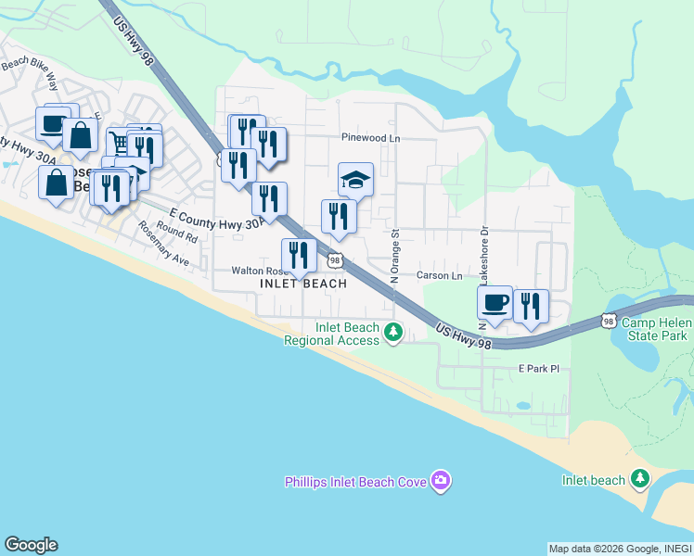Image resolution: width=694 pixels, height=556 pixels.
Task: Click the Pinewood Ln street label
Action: [370, 137]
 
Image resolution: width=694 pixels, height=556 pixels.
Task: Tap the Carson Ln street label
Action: [439, 276]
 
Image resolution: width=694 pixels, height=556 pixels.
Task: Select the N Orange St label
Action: [394, 256]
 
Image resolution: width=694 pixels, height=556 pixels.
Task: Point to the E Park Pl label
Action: [539, 369]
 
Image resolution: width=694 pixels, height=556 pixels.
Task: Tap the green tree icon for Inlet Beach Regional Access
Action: [393, 331]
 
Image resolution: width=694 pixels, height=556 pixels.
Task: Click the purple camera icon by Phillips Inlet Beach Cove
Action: [442, 480]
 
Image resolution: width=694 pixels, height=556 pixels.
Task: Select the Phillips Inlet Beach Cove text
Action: [355, 481]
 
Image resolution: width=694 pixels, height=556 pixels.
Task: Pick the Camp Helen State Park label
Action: [655, 329]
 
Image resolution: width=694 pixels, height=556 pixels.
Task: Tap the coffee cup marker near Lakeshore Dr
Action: [495, 302]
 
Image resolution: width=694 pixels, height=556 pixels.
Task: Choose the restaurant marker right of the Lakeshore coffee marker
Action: [531, 307]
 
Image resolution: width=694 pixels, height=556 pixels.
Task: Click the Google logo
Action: [31, 545]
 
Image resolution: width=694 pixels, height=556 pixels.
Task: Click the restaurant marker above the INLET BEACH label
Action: [299, 255]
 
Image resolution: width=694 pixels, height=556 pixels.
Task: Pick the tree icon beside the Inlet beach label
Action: [639, 478]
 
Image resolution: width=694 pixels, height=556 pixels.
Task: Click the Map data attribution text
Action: [620, 549]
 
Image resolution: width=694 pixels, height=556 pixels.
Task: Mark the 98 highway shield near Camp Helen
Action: [609, 321]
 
